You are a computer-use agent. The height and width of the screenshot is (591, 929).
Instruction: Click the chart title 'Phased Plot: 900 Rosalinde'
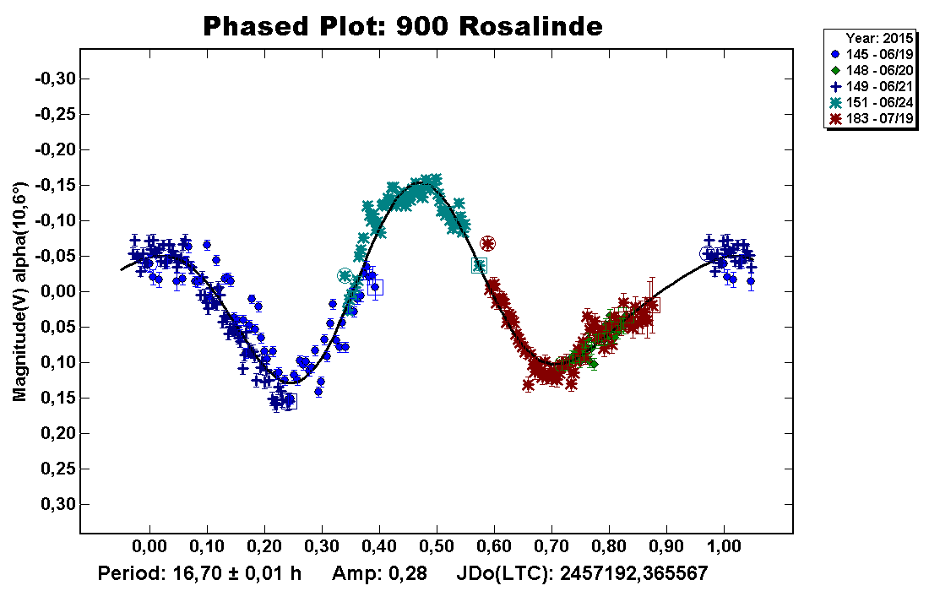click(403, 26)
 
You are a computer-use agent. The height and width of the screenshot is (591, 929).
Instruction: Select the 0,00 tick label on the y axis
click(57, 291)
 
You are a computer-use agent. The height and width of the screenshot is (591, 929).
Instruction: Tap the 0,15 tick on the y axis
click(57, 398)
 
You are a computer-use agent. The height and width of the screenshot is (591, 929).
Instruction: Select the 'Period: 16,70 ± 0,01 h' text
click(199, 573)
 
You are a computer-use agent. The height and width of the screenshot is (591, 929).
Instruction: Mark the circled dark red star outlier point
click(487, 243)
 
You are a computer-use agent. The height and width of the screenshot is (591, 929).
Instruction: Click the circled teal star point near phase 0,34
click(344, 275)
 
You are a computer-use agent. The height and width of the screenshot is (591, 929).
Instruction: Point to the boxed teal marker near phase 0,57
click(479, 265)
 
